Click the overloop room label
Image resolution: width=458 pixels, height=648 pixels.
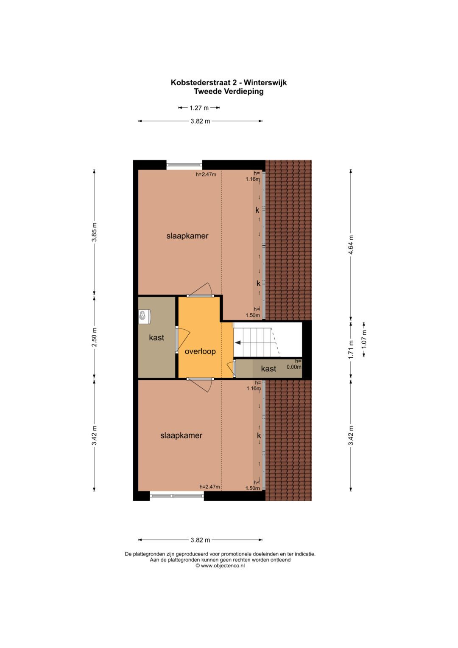[x=200, y=351]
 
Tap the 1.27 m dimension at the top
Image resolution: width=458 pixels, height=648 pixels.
[x=199, y=108]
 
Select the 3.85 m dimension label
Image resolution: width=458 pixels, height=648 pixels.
[x=95, y=232]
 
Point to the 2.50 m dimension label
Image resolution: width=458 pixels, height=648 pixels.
[x=95, y=337]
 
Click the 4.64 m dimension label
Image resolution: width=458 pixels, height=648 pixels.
[x=351, y=244]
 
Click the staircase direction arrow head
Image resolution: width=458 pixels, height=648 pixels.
[x=237, y=342]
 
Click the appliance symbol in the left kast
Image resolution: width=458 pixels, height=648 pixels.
[x=143, y=316]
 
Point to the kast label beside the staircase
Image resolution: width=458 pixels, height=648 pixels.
[x=268, y=369]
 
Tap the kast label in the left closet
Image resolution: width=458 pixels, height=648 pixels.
[x=156, y=338]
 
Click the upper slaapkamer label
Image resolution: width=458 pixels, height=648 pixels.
[x=187, y=236]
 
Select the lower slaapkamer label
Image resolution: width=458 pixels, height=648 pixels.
[x=181, y=435]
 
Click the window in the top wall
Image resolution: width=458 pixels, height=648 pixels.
[x=184, y=165]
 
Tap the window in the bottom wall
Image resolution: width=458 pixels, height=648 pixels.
[x=177, y=496]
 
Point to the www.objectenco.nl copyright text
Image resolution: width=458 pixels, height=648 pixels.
[x=220, y=565]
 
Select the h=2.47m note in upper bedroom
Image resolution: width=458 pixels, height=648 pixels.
[x=206, y=174]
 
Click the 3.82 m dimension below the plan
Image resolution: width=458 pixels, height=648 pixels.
[x=200, y=540]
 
